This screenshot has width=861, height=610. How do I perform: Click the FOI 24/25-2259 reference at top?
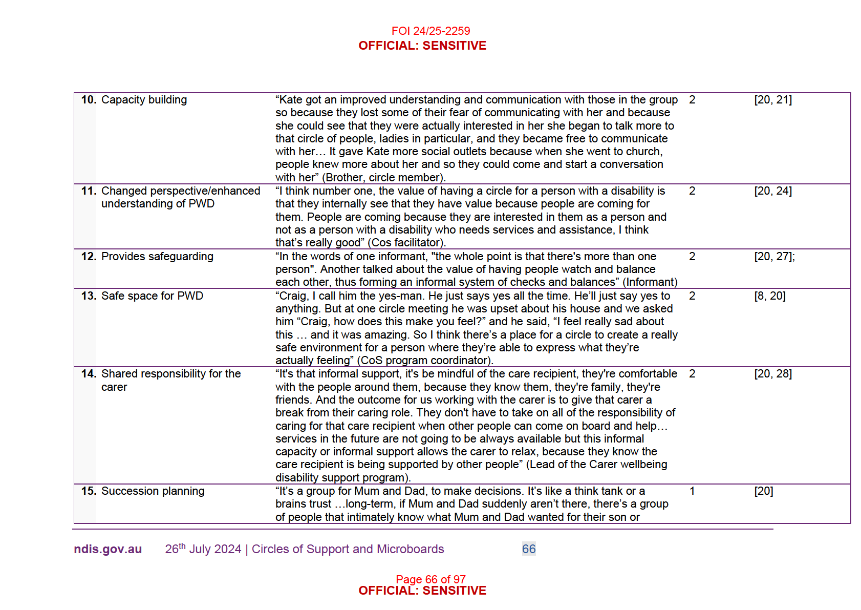430,31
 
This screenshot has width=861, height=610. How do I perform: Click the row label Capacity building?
144,100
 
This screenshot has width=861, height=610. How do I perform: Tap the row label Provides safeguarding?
157,257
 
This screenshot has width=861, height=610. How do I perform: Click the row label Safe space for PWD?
152,296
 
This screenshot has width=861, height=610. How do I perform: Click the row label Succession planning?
153,491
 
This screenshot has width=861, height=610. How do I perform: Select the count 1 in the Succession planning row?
692,491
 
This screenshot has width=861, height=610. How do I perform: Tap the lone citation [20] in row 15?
763,491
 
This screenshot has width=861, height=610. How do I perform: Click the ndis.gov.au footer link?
107,549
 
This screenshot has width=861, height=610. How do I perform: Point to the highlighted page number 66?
529,549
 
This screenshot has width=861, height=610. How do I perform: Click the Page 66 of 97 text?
430,579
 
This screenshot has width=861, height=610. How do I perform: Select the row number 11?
88,191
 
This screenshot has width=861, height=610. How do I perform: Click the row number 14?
88,374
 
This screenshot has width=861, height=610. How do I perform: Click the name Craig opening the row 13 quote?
293,296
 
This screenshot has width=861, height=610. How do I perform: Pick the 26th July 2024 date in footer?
203,549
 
